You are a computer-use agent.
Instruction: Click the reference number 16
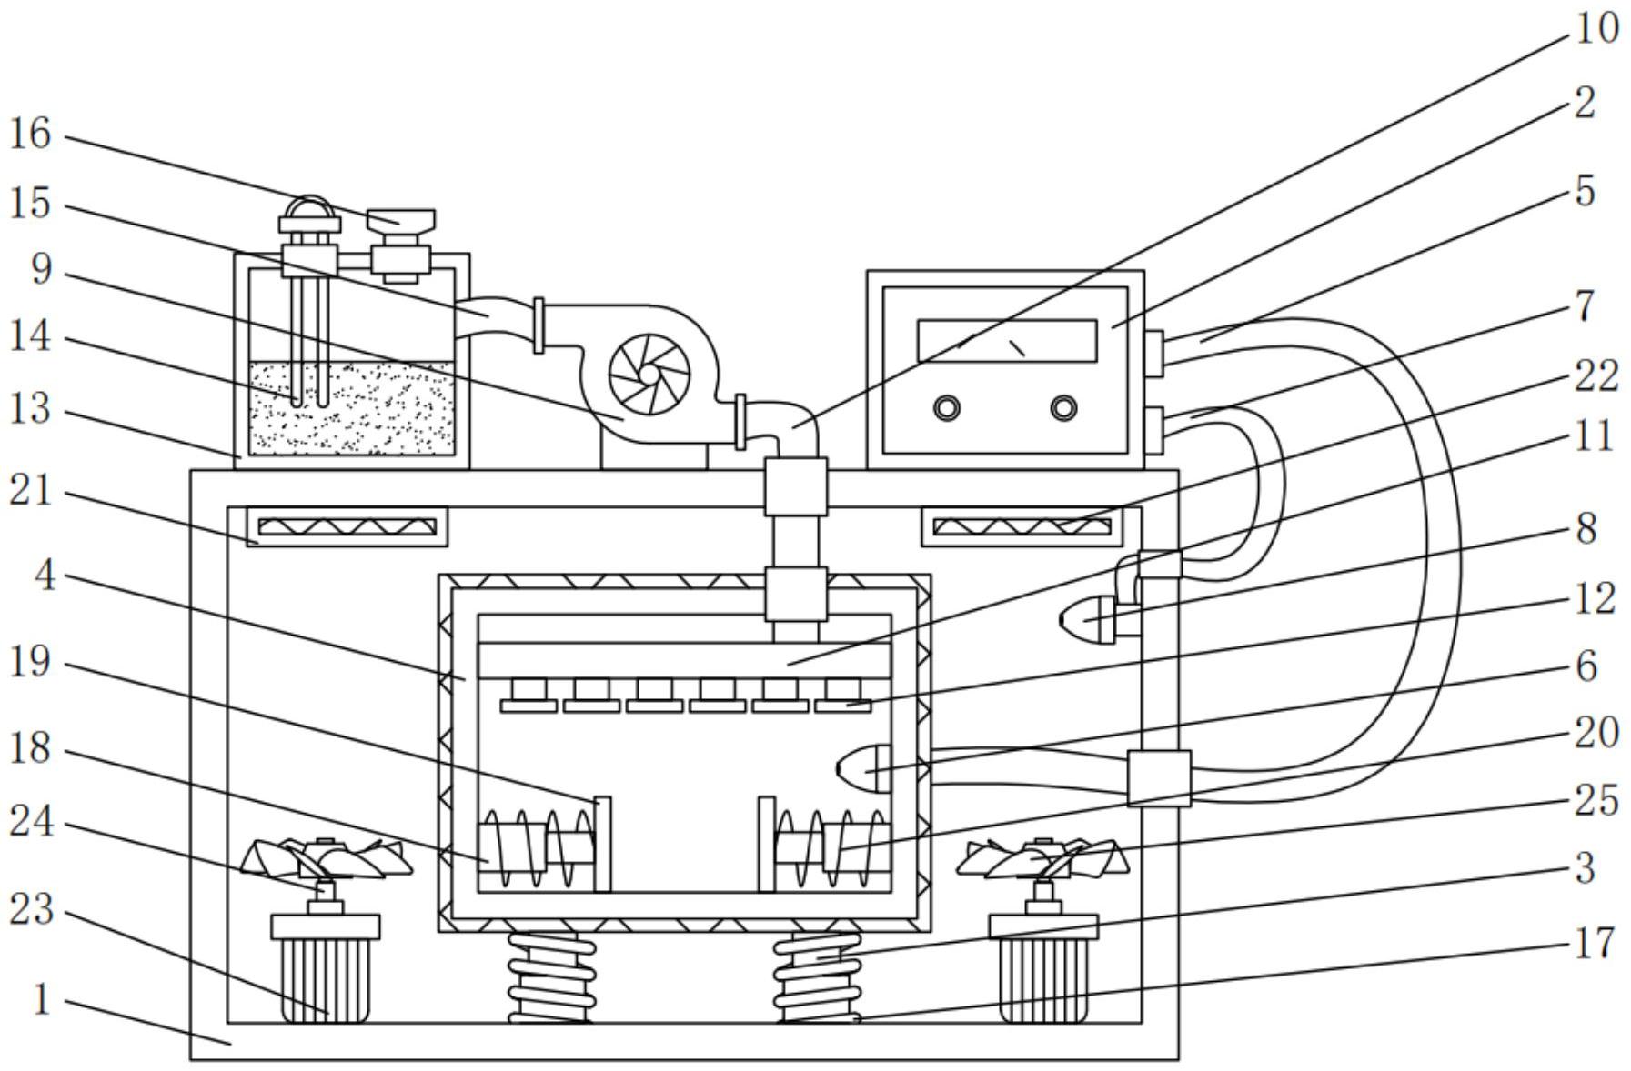tap(30, 135)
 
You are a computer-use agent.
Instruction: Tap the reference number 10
tap(1596, 28)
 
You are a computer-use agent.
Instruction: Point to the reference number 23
tap(32, 909)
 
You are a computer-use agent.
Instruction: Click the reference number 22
tap(1596, 376)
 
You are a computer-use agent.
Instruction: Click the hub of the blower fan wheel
tap(649, 375)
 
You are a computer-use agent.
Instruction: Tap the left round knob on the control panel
tap(947, 408)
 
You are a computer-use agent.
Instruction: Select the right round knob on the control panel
tap(1063, 408)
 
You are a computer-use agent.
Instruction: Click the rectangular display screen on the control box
tap(1007, 341)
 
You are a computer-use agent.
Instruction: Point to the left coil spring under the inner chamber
tap(551, 977)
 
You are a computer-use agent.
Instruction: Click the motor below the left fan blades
tap(325, 969)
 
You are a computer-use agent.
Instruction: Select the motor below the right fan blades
tap(1043, 969)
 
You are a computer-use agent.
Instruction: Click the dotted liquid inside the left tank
tap(351, 407)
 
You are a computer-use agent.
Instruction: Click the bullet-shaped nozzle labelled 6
tap(863, 769)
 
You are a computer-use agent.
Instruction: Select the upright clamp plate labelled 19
tap(602, 845)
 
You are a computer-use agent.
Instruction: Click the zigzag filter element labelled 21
tap(347, 526)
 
